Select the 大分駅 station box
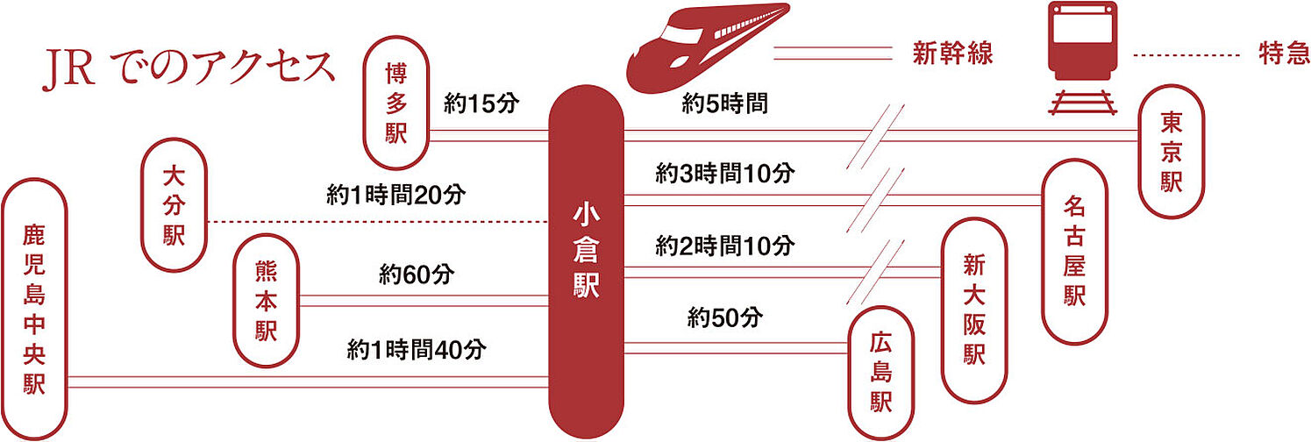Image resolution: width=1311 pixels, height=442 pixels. pyautogui.click(x=174, y=204)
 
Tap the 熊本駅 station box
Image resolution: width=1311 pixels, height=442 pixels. pyautogui.click(x=266, y=301)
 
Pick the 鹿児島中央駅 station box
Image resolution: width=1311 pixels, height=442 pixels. pyautogui.click(x=34, y=309)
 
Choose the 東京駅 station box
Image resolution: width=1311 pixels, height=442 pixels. pyautogui.click(x=1172, y=152)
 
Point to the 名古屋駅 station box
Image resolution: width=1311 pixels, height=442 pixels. pyautogui.click(x=1075, y=250)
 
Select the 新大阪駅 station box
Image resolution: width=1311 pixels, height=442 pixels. pyautogui.click(x=974, y=310)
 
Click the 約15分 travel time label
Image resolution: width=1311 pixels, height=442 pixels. pyautogui.click(x=482, y=104)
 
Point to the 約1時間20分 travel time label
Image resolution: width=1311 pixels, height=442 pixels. pyautogui.click(x=395, y=195)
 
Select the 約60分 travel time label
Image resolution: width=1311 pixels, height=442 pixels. pyautogui.click(x=417, y=274)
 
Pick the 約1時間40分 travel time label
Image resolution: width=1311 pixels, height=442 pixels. pyautogui.click(x=417, y=350)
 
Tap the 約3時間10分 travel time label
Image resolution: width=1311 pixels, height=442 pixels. pyautogui.click(x=725, y=174)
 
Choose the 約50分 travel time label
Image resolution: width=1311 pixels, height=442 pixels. pyautogui.click(x=725, y=317)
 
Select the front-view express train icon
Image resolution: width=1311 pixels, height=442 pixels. pyautogui.click(x=1084, y=59)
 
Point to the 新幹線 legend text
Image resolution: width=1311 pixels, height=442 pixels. pyautogui.click(x=952, y=54)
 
